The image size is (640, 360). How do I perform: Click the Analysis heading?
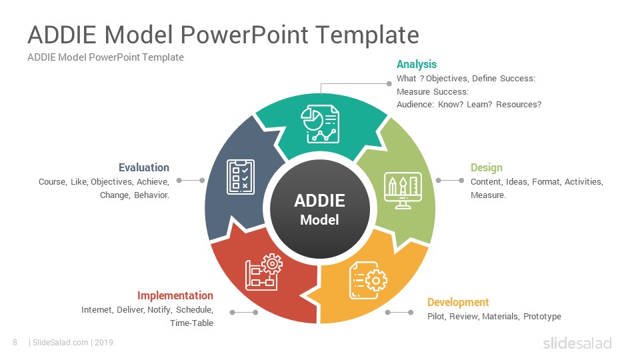tap(416, 65)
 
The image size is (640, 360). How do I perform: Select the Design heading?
tap(486, 168)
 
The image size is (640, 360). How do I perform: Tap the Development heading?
tap(457, 302)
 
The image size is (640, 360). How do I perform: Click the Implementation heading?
tap(175, 295)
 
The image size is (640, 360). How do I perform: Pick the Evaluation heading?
tap(144, 167)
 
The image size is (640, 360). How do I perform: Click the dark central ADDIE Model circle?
tap(319, 209)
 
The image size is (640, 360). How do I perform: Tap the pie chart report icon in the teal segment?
tap(320, 124)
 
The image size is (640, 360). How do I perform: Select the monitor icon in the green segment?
tap(403, 191)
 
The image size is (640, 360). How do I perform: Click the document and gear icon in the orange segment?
tap(368, 281)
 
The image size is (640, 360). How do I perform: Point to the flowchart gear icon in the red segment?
tap(264, 272)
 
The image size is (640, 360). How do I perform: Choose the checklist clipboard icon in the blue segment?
tap(241, 177)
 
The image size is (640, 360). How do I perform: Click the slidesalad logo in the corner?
tap(577, 343)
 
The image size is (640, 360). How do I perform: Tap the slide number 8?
tap(15, 343)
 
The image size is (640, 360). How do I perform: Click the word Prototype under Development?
tap(542, 316)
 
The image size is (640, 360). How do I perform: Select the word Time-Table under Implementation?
tap(191, 323)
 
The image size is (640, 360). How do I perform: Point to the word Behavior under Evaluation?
tap(151, 195)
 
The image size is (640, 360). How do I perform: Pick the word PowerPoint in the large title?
tap(244, 35)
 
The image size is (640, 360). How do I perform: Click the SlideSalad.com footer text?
tap(61, 343)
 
